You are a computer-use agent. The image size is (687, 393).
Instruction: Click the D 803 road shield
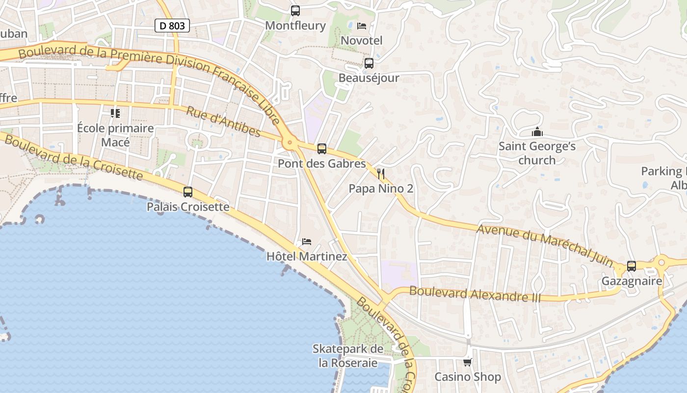click(x=172, y=26)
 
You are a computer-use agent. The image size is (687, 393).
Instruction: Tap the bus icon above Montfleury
click(x=295, y=10)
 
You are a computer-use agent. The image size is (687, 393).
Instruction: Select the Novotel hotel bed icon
click(x=362, y=26)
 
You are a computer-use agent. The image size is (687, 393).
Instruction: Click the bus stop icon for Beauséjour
click(x=369, y=63)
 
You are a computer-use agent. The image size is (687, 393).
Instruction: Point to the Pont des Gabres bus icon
click(x=322, y=148)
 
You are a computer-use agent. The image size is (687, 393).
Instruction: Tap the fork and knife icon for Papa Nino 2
click(x=381, y=173)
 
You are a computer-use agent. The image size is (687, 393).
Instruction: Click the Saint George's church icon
click(x=537, y=132)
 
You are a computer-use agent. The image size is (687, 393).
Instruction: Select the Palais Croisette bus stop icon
click(x=188, y=192)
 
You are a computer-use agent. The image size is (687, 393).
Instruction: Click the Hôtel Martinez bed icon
click(x=307, y=241)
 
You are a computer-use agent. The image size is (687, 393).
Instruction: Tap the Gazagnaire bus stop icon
click(x=632, y=266)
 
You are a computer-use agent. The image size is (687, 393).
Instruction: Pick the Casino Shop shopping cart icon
click(x=467, y=362)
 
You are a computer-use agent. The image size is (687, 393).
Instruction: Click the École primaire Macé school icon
click(x=115, y=113)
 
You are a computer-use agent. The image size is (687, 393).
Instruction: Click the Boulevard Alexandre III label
click(x=475, y=294)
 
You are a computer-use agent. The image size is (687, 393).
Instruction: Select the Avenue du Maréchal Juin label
click(x=545, y=245)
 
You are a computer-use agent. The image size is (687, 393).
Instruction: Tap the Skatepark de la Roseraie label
click(x=348, y=356)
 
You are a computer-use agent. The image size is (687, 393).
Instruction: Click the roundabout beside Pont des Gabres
click(x=290, y=143)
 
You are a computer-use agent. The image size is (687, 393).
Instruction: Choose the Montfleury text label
click(x=295, y=26)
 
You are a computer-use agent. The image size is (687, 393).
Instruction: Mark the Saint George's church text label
click(x=537, y=153)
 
